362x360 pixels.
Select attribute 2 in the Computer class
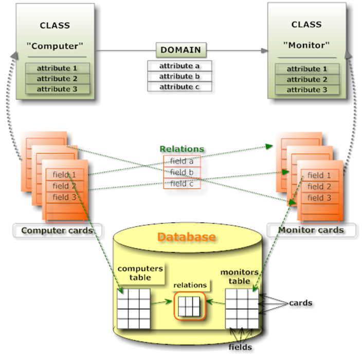point(58,79)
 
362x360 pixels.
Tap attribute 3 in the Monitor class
point(306,89)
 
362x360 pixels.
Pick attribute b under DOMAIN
point(179,76)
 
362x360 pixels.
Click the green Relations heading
point(182,149)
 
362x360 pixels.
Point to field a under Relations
point(182,160)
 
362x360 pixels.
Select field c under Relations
point(182,183)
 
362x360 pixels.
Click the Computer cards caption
point(57,230)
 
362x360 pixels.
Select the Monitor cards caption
point(311,230)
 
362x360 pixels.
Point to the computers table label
point(140,273)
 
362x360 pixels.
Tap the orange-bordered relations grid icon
point(189,308)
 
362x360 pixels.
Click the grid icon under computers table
point(133,308)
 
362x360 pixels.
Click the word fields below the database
point(240,348)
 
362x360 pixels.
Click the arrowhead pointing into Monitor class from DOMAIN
point(264,51)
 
